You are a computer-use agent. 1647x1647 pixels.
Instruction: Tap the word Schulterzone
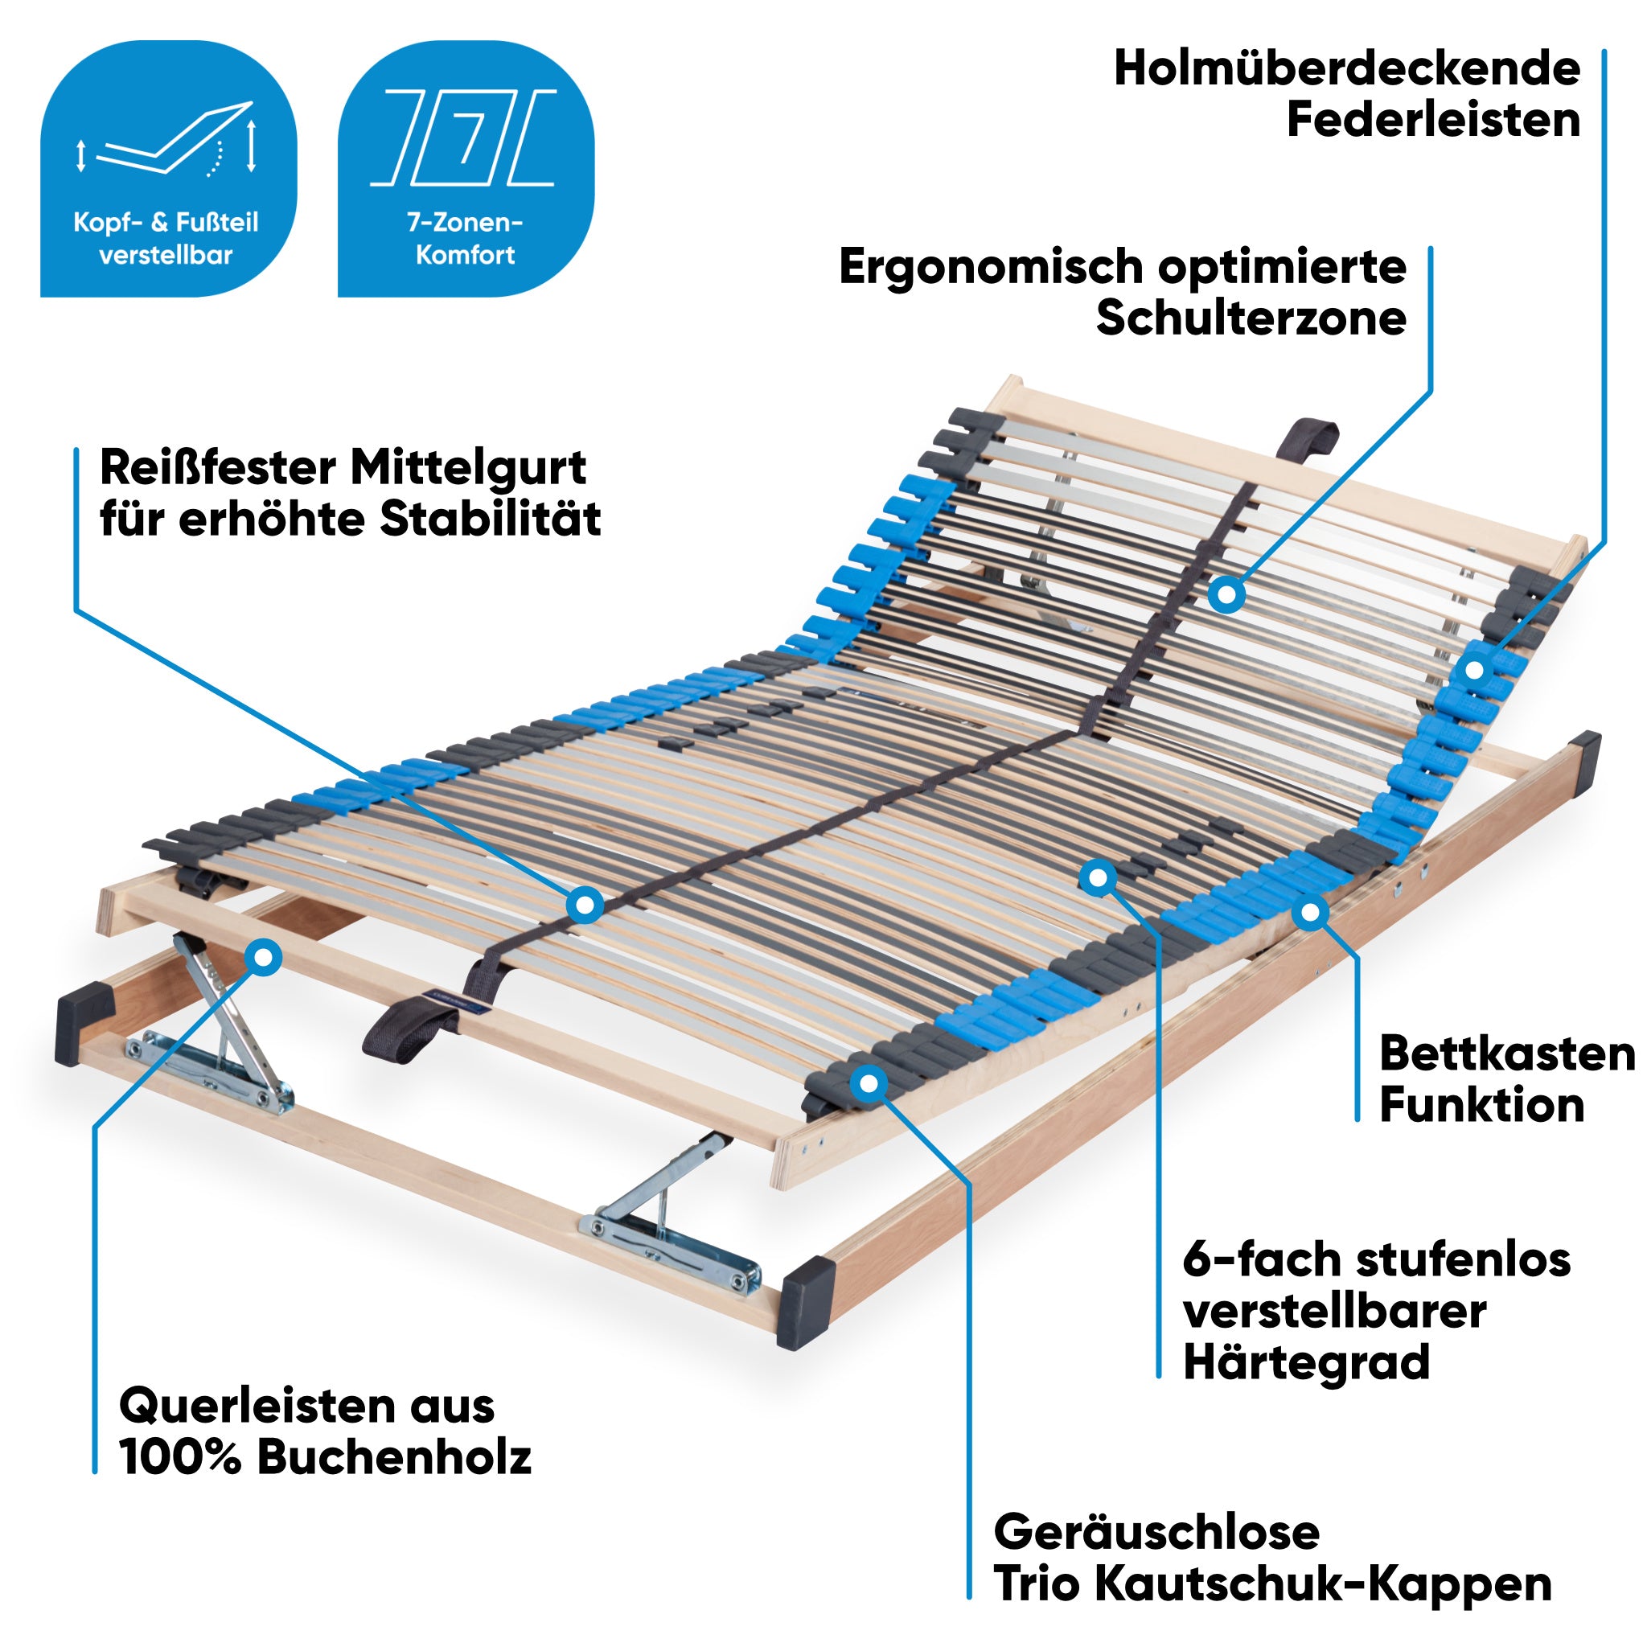(x=1251, y=318)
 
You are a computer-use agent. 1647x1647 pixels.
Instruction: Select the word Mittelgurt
(x=468, y=467)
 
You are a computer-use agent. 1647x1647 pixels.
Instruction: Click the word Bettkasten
(x=1507, y=1054)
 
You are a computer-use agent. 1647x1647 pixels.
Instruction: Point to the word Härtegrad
(x=1306, y=1362)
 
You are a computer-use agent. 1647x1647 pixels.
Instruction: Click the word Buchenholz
(x=394, y=1457)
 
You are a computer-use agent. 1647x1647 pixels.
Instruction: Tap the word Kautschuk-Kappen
(x=1322, y=1584)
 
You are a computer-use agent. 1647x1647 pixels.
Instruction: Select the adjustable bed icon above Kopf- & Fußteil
(x=168, y=141)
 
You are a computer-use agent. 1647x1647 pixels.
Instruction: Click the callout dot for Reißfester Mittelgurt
(x=585, y=906)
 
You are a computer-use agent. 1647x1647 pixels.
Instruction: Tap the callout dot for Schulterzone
(x=1226, y=594)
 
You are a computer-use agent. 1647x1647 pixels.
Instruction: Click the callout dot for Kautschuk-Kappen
(x=869, y=1083)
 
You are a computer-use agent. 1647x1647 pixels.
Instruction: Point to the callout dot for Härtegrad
(x=1098, y=877)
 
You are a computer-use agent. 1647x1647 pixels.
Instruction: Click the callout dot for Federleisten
(x=1474, y=670)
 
